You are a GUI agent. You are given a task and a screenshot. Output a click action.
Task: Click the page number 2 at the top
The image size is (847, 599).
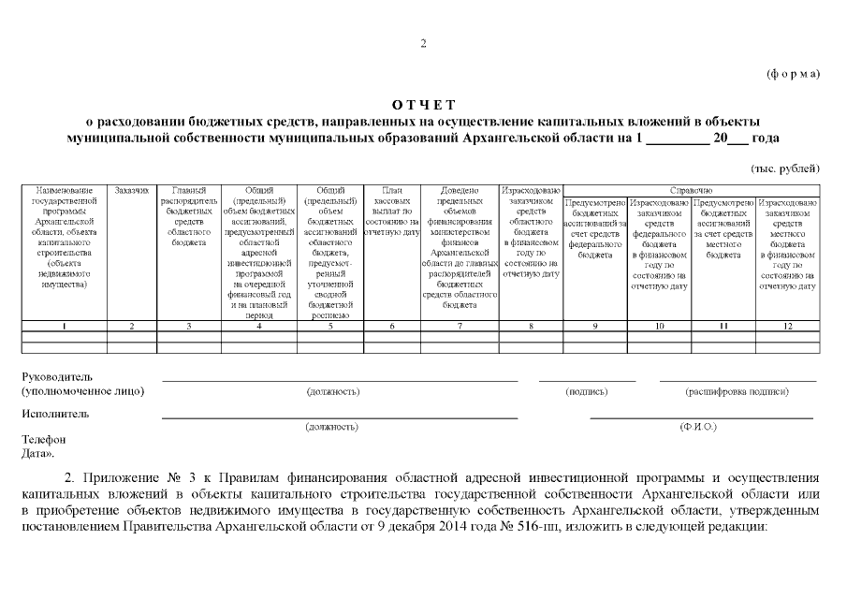click(x=423, y=44)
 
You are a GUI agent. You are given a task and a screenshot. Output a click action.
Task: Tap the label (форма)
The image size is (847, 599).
click(x=793, y=73)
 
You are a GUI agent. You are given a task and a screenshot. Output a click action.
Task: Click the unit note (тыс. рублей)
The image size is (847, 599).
click(x=786, y=168)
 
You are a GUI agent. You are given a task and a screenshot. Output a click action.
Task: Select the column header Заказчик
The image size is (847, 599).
click(x=132, y=191)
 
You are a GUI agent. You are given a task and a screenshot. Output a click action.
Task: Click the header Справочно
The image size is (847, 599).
click(x=692, y=191)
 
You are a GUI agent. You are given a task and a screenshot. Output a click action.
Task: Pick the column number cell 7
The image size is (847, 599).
click(x=460, y=326)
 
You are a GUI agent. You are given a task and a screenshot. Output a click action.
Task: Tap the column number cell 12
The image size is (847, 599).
click(x=787, y=326)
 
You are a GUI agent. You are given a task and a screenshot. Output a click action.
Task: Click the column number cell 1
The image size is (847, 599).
click(x=64, y=326)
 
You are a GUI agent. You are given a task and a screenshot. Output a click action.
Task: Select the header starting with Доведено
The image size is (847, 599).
click(x=460, y=247)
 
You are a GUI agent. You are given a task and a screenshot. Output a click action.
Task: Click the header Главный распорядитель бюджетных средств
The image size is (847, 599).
click(x=190, y=216)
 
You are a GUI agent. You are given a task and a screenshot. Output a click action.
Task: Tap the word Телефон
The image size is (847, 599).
click(x=43, y=439)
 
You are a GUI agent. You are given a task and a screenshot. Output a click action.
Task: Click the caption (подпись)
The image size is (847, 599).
click(x=587, y=391)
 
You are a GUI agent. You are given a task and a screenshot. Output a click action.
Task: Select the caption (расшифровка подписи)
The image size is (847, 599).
click(x=737, y=391)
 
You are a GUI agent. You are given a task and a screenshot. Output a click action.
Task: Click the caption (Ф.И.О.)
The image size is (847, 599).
click(x=698, y=427)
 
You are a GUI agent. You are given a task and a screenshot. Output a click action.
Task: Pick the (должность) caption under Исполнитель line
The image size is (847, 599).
click(x=332, y=427)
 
